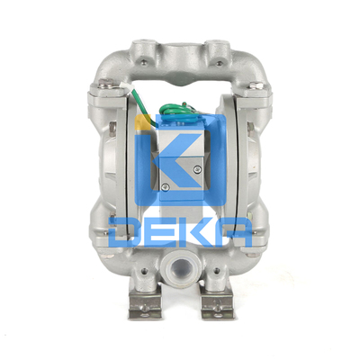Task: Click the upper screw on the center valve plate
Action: (197, 170)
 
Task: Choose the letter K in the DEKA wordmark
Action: (196, 232)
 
